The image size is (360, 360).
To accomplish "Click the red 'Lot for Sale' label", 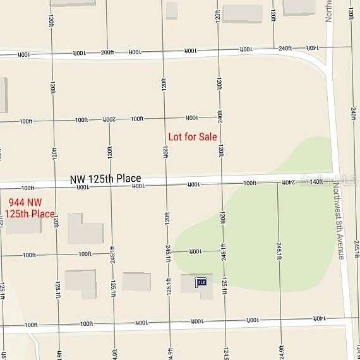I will coord(193,136).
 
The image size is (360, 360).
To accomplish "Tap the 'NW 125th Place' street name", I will coord(105,179).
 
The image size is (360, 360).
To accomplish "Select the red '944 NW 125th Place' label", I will coord(30,208).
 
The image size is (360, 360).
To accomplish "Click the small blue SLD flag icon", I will coord(201,282).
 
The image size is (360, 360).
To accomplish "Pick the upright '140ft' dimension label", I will coord(316,182).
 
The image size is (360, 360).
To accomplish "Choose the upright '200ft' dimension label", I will coord(107,52).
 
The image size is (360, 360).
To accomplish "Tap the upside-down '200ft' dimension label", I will coord(109,119).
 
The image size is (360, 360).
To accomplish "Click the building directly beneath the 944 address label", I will coord(24,225).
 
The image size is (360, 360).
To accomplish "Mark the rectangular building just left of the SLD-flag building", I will coord(136,282).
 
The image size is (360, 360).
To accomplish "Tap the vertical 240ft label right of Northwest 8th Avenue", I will coord(353,114).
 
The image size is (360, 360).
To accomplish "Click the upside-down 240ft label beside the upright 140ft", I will coord(288,182).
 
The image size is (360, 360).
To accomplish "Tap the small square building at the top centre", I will coord(171,10).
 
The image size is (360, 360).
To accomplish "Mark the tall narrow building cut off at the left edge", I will coord(3,95).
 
